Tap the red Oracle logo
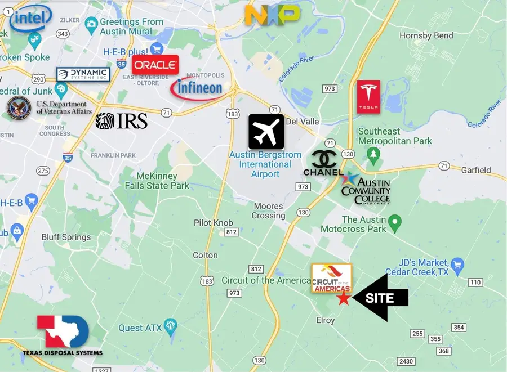[155, 65]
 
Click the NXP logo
[272, 15]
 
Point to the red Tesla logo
[368, 96]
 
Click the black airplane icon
[266, 132]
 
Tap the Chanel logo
[323, 163]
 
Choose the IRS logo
[122, 120]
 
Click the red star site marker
[343, 299]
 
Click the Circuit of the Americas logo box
[332, 278]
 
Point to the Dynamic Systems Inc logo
[83, 74]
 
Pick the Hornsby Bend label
[426, 36]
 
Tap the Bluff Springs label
[66, 237]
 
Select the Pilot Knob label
[214, 223]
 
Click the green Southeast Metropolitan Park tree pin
[372, 153]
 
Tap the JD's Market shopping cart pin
[457, 263]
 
